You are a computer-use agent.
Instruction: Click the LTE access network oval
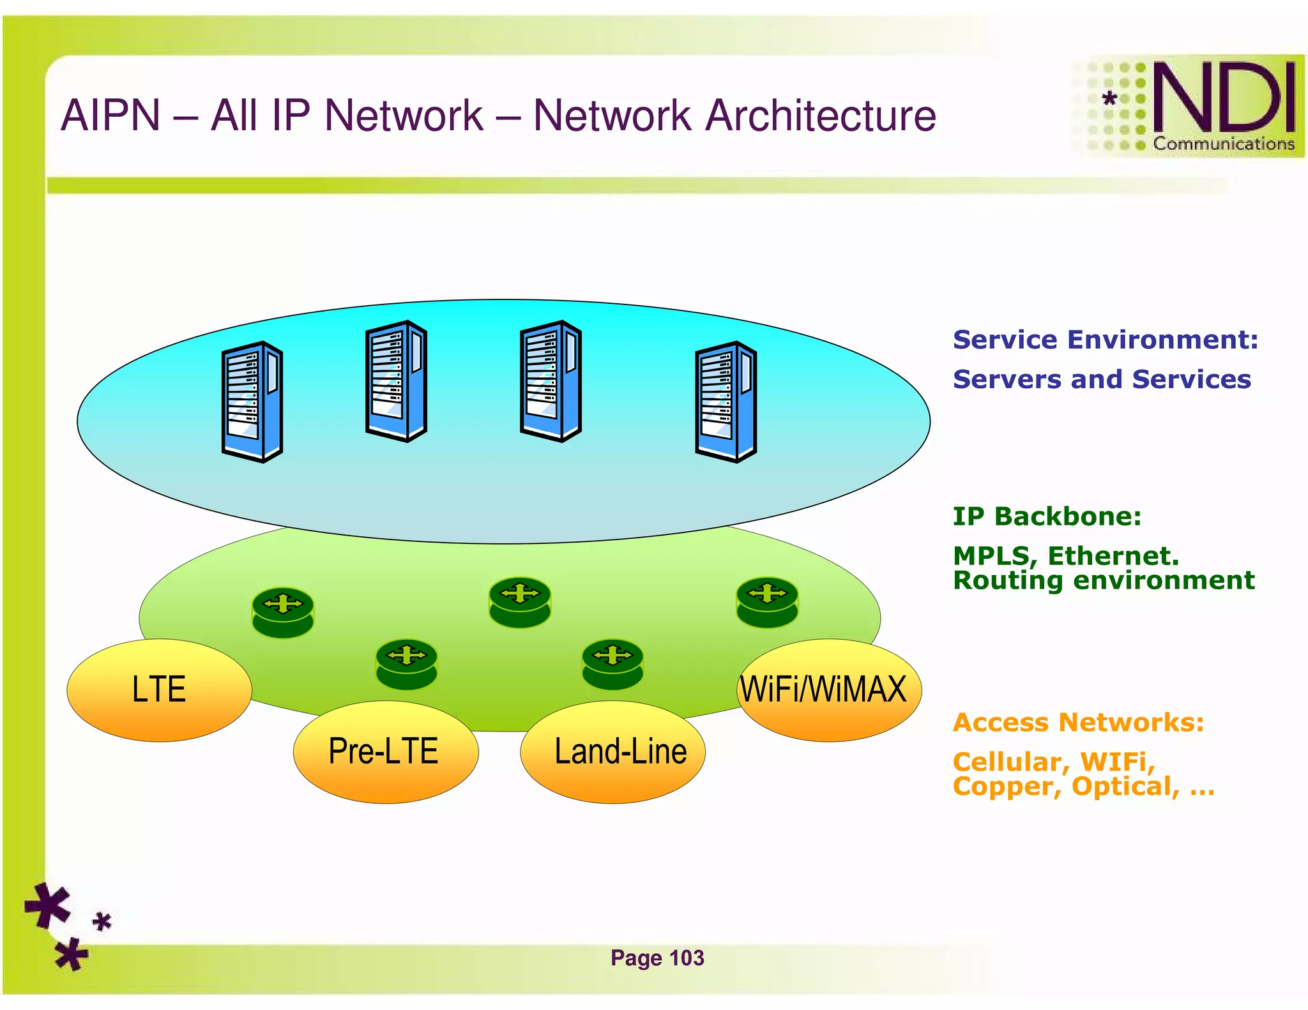(159, 690)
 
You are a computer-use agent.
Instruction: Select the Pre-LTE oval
(385, 751)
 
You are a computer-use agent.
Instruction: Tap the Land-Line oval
(613, 751)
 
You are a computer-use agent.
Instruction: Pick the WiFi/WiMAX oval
(828, 690)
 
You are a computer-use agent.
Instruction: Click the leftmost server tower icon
(252, 402)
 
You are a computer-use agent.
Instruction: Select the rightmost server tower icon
(726, 402)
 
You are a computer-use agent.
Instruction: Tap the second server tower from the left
(396, 381)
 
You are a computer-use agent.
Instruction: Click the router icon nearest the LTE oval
(283, 612)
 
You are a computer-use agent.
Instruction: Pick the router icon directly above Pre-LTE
(407, 664)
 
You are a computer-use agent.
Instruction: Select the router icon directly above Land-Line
(612, 664)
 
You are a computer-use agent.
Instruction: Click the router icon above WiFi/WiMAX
(767, 602)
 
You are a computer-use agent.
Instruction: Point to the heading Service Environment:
(1105, 340)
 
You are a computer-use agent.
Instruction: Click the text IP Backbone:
(1046, 516)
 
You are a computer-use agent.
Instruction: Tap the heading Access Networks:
(1078, 722)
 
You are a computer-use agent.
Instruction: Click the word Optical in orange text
(1125, 787)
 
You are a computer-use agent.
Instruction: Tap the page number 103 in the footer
(687, 958)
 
